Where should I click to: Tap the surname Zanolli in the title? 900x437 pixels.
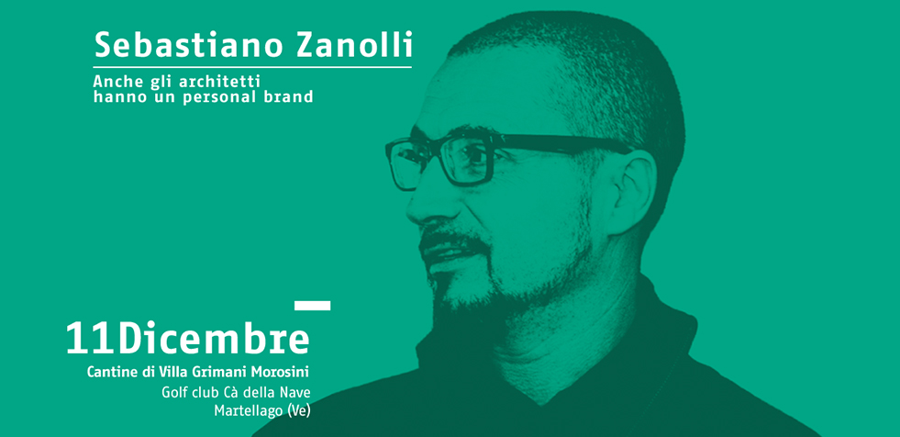pos(355,44)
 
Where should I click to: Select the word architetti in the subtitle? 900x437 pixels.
pos(220,82)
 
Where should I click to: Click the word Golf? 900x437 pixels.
pos(172,393)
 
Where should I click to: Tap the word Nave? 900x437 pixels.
pos(297,393)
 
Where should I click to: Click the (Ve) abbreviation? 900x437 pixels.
pos(299,411)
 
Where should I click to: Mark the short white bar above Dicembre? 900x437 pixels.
pos(312,306)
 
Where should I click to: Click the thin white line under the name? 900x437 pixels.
pos(252,67)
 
